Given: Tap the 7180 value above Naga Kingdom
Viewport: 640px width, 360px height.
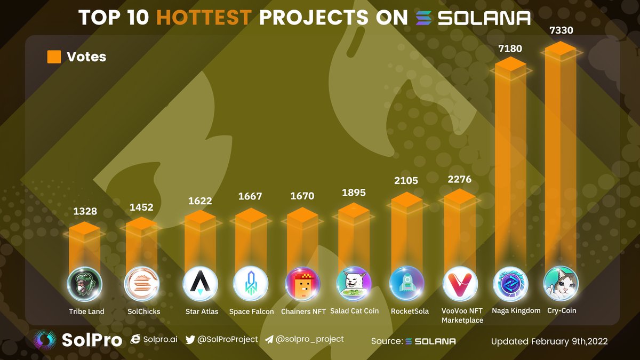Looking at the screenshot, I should coord(510,49).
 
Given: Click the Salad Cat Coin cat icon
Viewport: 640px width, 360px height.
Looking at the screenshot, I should coord(354,283).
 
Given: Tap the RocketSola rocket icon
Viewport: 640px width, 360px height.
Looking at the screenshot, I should coord(407,283).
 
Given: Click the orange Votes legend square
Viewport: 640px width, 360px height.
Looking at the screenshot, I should coord(54,57).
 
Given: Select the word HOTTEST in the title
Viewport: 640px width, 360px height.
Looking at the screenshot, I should coord(204,18).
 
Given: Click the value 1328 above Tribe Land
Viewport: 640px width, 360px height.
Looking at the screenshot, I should coord(85,211).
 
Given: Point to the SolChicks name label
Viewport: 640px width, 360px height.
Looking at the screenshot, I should coord(142,311).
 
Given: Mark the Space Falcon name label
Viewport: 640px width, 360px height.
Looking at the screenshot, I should coord(251,311).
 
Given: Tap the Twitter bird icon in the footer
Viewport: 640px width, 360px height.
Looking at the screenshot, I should coord(190,339).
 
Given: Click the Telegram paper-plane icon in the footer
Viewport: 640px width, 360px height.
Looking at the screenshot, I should coord(269,339).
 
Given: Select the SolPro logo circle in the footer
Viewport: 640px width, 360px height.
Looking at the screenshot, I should coord(45,340).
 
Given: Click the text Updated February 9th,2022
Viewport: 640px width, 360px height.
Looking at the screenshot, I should coord(549,341).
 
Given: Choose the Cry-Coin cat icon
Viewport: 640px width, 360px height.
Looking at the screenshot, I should coord(560,283).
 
